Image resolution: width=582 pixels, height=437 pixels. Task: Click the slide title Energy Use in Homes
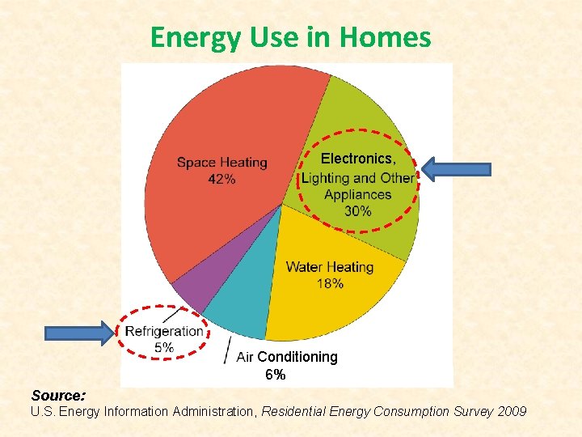[x=290, y=37]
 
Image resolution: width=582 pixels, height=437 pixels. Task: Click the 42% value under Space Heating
[x=221, y=180]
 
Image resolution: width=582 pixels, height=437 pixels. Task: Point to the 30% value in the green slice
[x=358, y=211]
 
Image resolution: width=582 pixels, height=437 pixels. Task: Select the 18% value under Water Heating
[x=330, y=283]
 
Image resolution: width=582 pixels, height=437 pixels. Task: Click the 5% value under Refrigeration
[x=163, y=347]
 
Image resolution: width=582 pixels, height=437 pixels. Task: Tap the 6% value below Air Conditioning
[x=275, y=375]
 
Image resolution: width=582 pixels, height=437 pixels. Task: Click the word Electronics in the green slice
[x=357, y=159]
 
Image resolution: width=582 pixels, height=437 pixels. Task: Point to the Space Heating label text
[x=221, y=163]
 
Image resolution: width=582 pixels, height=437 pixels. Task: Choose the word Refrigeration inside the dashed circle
[x=164, y=331]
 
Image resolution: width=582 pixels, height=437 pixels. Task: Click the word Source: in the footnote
[x=58, y=396]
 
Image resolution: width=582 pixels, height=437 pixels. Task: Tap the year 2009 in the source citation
[x=512, y=412]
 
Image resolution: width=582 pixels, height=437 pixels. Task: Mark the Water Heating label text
[x=330, y=267]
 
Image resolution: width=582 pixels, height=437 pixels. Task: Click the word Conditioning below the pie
[x=297, y=357]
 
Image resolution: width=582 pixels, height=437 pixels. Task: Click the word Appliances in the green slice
[x=357, y=194]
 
